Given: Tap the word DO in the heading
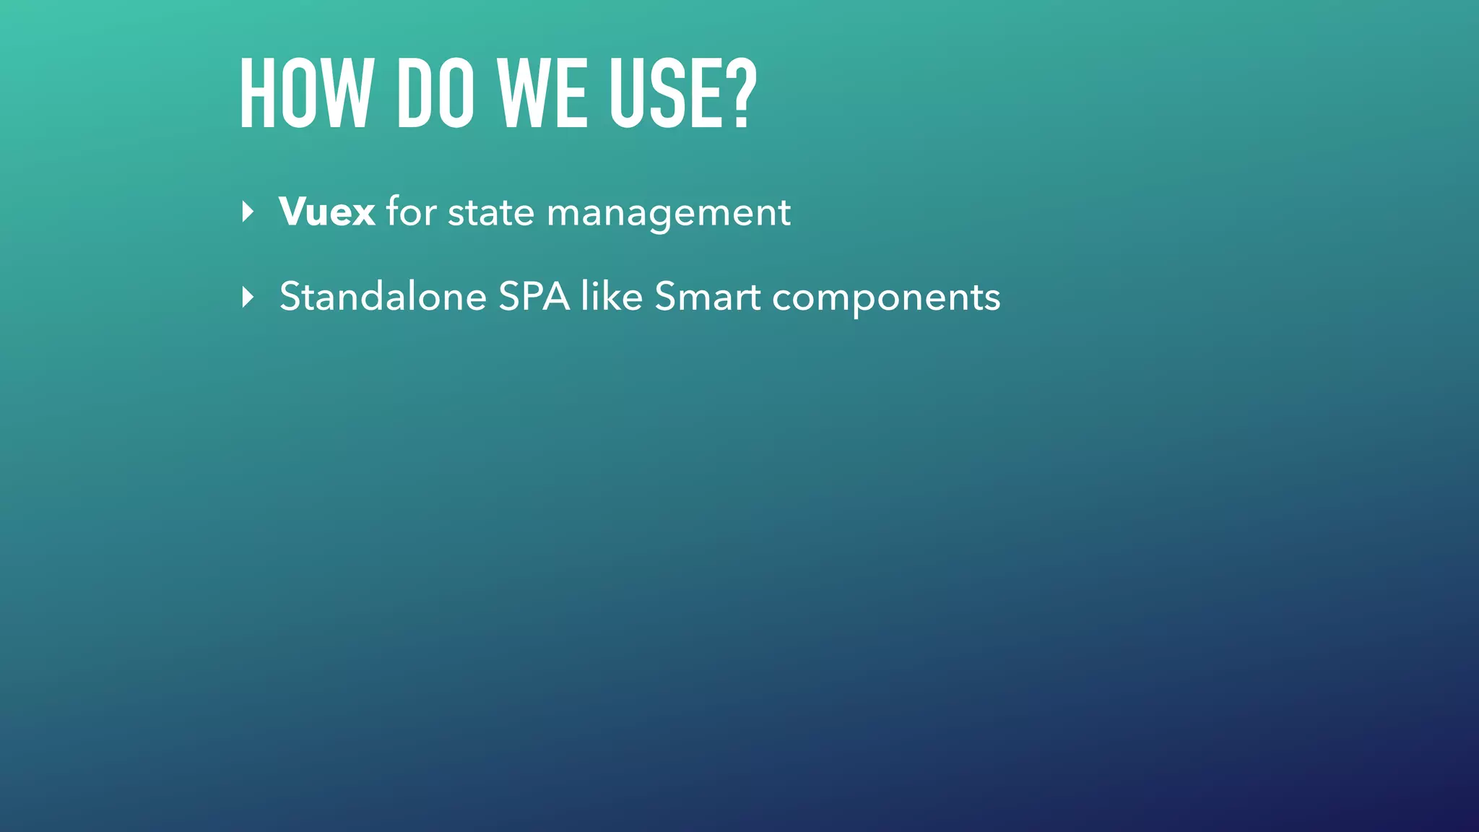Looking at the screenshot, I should coord(435,95).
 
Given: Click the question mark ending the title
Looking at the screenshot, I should coord(739,95).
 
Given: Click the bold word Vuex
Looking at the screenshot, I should coord(326,212).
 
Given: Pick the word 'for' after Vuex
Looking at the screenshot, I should coord(411,212).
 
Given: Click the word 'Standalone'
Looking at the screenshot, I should coord(383,297).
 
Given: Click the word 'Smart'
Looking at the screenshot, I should coord(707,297).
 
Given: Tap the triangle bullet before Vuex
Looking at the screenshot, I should coord(248,212).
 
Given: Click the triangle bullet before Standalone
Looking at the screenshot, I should coord(248,297).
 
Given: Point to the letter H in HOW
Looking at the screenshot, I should coord(257,95).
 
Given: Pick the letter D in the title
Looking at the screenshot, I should coord(414,95).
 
